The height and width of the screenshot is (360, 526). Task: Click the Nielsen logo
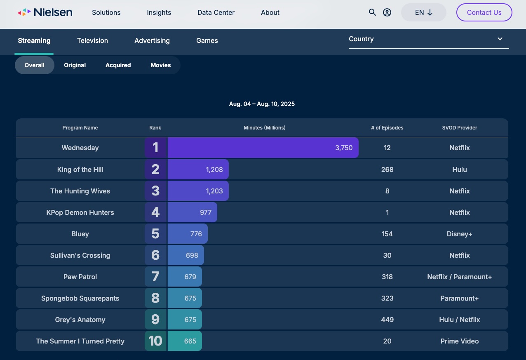tap(45, 12)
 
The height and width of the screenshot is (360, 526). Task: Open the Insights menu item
tap(159, 12)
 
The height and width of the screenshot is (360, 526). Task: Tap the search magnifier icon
tap(372, 12)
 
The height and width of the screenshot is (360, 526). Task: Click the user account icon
tap(387, 12)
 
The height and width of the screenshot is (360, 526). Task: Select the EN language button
tap(423, 12)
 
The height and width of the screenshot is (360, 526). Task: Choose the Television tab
tap(92, 40)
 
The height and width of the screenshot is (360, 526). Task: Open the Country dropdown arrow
tap(500, 39)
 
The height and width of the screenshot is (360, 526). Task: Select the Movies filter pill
tap(160, 65)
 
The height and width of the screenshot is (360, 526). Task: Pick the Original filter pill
tap(75, 65)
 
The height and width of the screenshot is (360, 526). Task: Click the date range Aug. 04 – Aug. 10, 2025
tap(262, 104)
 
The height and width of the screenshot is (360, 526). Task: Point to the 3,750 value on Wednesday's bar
tap(344, 148)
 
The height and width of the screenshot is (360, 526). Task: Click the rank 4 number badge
tap(155, 212)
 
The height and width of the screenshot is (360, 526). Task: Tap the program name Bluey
tap(80, 234)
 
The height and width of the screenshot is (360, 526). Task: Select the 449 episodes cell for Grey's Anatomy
tap(387, 320)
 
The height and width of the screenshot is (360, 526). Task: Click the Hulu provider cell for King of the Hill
tap(459, 169)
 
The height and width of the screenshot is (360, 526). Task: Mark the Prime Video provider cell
tap(459, 341)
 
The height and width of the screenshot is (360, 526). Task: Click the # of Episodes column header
tap(387, 128)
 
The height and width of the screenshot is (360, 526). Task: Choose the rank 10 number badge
tap(155, 341)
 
